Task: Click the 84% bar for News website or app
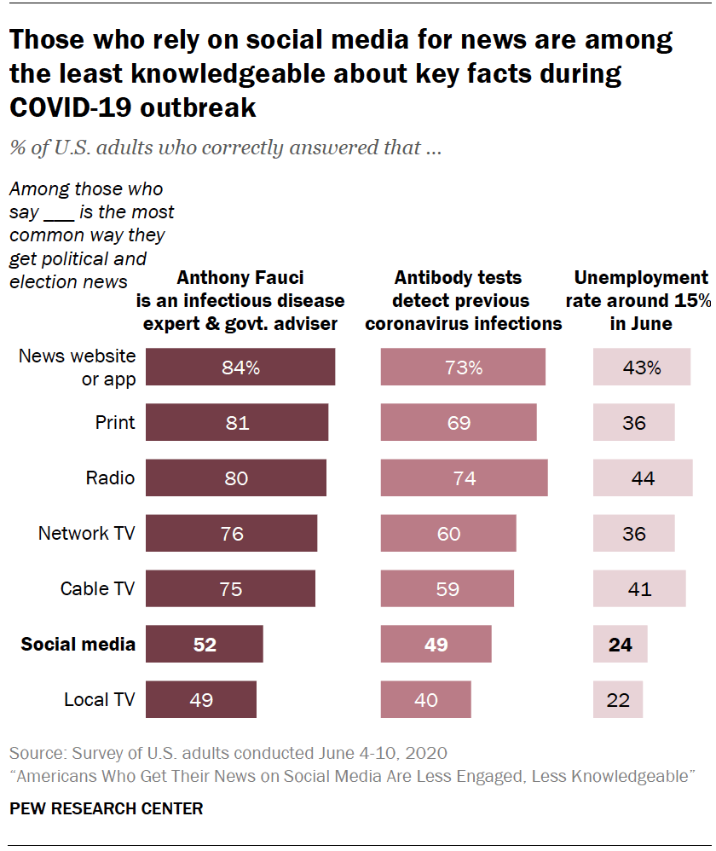point(240,368)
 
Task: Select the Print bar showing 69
point(459,422)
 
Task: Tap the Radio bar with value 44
point(643,478)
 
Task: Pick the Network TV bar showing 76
point(231,534)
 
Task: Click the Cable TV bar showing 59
point(447,588)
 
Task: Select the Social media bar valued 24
point(621,644)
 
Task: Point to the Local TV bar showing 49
point(200,700)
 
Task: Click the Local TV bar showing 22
point(618,700)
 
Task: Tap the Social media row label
point(78,644)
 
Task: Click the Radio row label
point(110,478)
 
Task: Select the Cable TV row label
point(97,588)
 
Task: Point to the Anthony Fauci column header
point(240,300)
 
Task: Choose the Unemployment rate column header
point(641,300)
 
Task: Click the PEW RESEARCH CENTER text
point(107,808)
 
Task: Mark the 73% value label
point(464,368)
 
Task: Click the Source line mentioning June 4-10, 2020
point(228,754)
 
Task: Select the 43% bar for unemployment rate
point(641,368)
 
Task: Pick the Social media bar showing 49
point(436,644)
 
